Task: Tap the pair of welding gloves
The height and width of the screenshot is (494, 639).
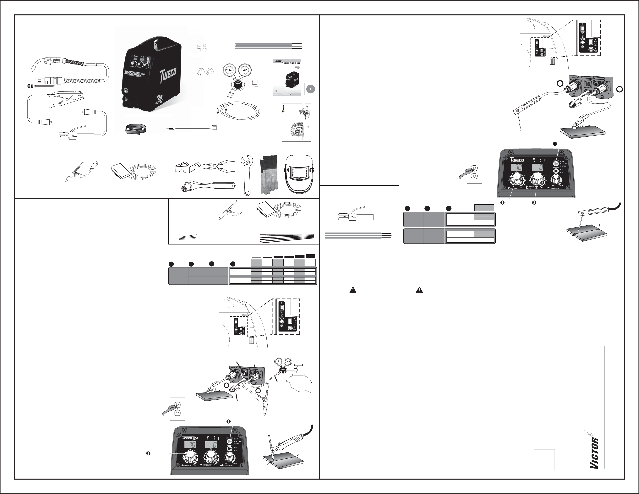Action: (x=269, y=175)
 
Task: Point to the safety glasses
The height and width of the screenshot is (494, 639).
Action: (x=187, y=168)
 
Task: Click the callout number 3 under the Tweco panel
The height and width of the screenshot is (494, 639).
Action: (x=534, y=202)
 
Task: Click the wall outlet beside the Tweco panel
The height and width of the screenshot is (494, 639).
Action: (x=474, y=172)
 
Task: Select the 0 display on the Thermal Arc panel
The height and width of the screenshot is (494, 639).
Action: (x=210, y=445)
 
